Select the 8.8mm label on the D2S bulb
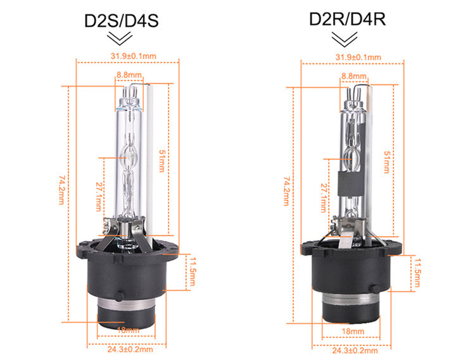tap(128, 75)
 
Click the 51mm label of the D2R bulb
tap(386, 162)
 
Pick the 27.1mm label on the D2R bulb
tap(323, 195)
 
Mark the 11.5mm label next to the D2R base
tap(418, 271)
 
